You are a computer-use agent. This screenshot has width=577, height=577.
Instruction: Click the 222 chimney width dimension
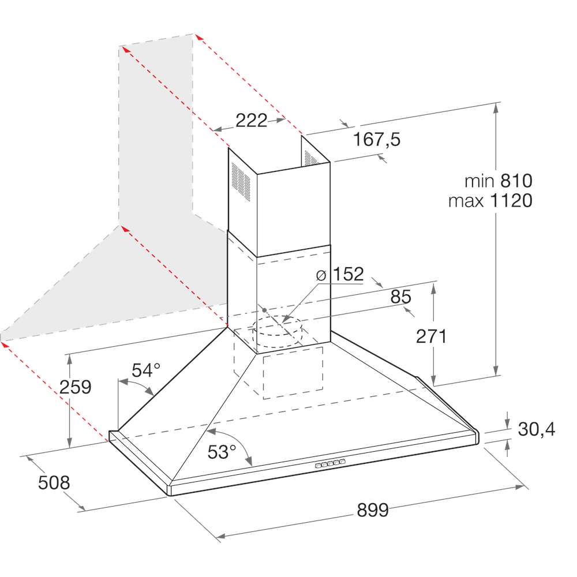(251, 121)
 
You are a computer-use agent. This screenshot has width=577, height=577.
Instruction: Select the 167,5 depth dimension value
(377, 139)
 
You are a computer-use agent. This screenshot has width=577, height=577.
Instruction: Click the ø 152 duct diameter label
(340, 275)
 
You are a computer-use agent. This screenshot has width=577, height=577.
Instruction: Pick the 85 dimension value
(400, 297)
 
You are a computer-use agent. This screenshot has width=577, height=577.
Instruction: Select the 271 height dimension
(432, 336)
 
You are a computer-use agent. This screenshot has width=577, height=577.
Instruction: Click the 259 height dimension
(76, 387)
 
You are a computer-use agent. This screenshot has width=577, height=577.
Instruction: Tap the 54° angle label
(146, 370)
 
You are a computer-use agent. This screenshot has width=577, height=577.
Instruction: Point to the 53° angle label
(222, 452)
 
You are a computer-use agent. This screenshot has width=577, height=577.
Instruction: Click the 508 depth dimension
(54, 482)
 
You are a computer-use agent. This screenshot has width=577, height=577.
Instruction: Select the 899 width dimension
(373, 510)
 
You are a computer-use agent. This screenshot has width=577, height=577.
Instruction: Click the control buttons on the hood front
(331, 463)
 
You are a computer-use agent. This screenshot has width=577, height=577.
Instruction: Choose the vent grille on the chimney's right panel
(311, 158)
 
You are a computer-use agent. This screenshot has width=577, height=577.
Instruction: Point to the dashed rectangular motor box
(293, 373)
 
